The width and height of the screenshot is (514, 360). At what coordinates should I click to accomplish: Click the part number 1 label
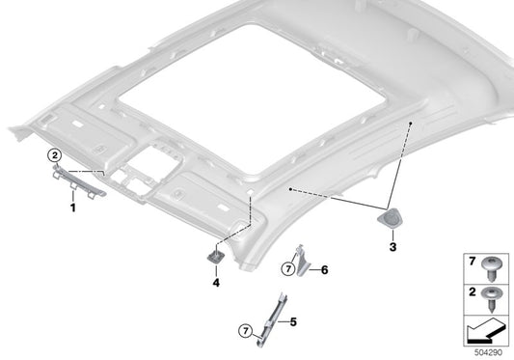72,206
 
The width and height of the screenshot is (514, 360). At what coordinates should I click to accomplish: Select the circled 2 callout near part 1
56,154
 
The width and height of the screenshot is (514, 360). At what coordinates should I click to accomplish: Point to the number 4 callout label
216,285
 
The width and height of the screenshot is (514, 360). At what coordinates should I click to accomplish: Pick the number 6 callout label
324,269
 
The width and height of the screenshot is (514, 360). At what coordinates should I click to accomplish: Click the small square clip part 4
216,255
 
